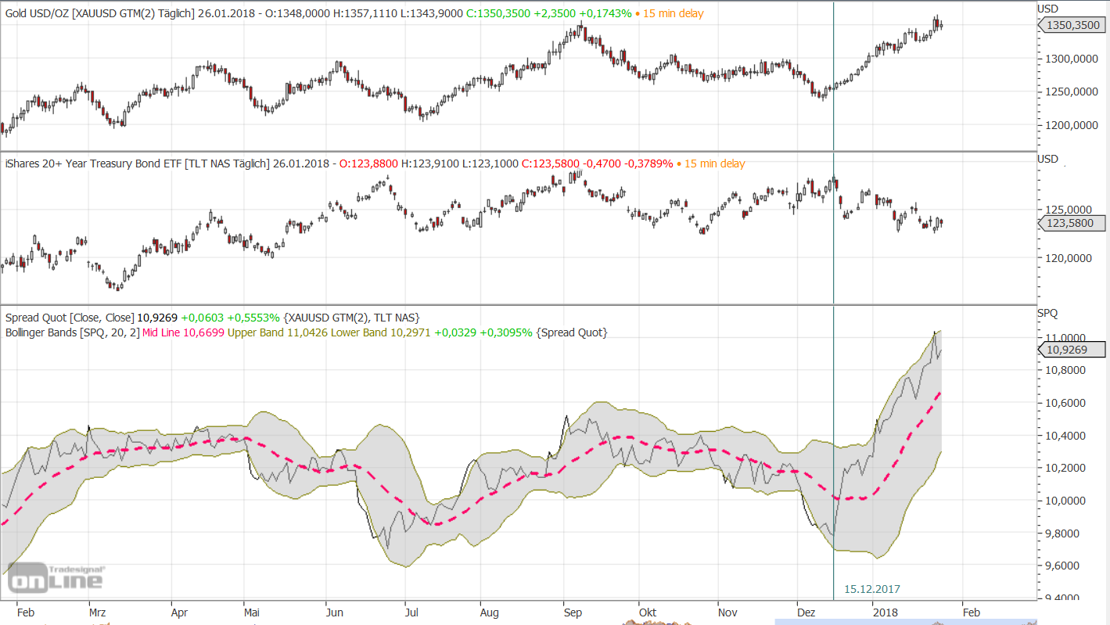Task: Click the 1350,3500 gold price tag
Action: (1072, 26)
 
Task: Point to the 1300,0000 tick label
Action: (1068, 59)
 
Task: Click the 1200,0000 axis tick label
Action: (1068, 125)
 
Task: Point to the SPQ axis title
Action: (1047, 313)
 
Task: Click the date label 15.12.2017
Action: (872, 588)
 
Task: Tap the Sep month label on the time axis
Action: (573, 612)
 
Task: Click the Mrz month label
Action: (98, 612)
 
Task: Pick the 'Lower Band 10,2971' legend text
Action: (379, 332)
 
